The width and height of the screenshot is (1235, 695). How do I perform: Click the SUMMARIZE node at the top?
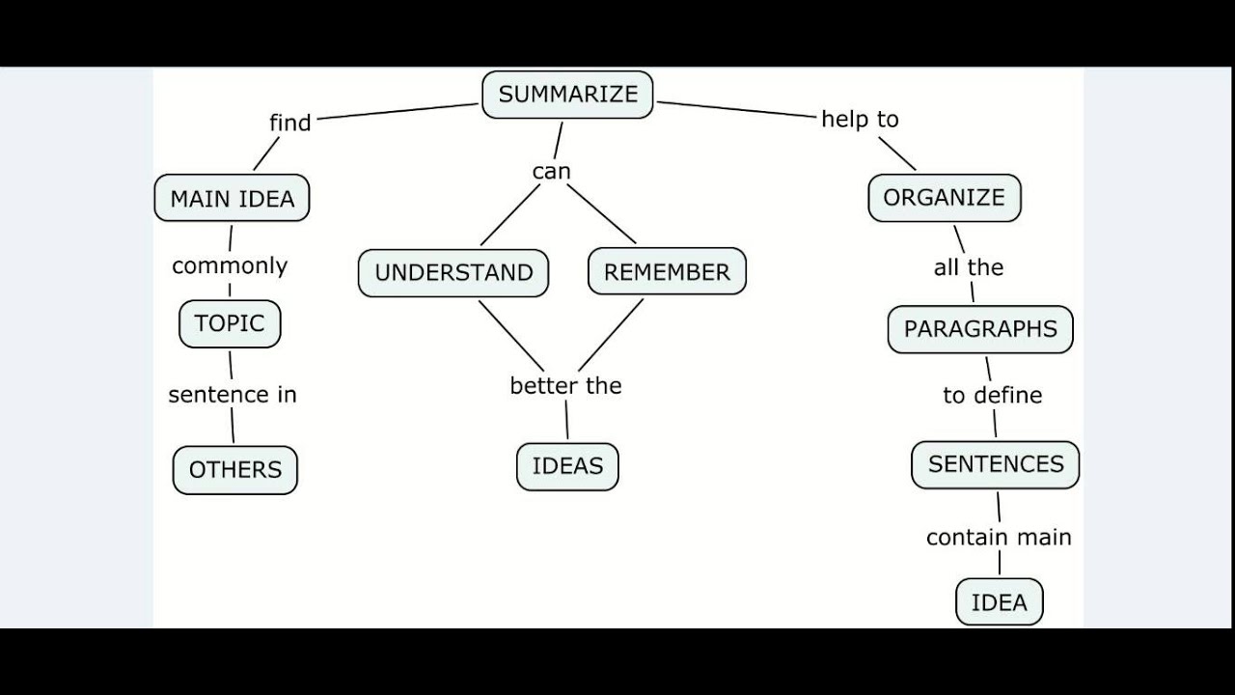[567, 95]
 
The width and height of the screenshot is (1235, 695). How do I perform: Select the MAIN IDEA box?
[232, 199]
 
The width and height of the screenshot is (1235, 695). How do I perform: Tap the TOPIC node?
[230, 323]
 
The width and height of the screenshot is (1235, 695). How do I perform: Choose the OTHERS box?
[235, 470]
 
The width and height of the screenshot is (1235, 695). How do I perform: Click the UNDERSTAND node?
[453, 273]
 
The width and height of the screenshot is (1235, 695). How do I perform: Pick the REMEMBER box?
[667, 273]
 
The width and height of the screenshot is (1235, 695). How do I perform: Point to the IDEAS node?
[567, 466]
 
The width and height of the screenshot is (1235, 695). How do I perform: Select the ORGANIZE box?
[944, 198]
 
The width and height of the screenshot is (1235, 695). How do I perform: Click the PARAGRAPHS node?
[980, 329]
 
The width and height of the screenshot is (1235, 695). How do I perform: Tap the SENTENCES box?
[996, 464]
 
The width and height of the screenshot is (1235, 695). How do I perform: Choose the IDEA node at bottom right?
[999, 602]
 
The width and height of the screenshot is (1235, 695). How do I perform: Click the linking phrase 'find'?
[289, 123]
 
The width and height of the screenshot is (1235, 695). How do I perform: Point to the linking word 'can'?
[552, 172]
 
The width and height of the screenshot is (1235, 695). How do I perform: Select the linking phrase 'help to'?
[860, 119]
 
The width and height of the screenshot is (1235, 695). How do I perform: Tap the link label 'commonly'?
[230, 265]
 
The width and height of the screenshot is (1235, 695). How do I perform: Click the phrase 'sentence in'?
[233, 395]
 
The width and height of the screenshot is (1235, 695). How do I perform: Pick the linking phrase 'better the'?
[565, 386]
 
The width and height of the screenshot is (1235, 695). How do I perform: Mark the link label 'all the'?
[969, 267]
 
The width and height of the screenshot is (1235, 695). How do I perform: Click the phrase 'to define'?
[992, 396]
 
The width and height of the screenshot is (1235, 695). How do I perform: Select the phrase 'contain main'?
[999, 538]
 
